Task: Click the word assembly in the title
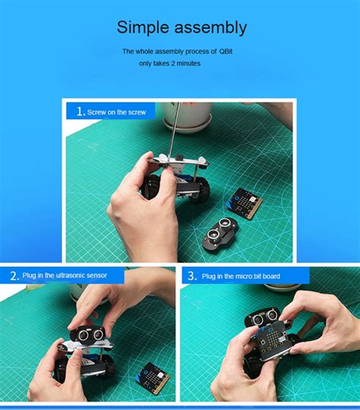click(x=210, y=29)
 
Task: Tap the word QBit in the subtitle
click(x=228, y=52)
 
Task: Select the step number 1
click(x=81, y=112)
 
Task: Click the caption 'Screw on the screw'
click(x=116, y=112)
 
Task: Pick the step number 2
click(x=14, y=276)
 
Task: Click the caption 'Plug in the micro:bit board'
click(x=242, y=276)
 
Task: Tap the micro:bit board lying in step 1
click(x=246, y=201)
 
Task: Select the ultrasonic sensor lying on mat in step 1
click(x=220, y=232)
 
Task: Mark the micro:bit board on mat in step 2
click(x=153, y=377)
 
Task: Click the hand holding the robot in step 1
click(x=141, y=216)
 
